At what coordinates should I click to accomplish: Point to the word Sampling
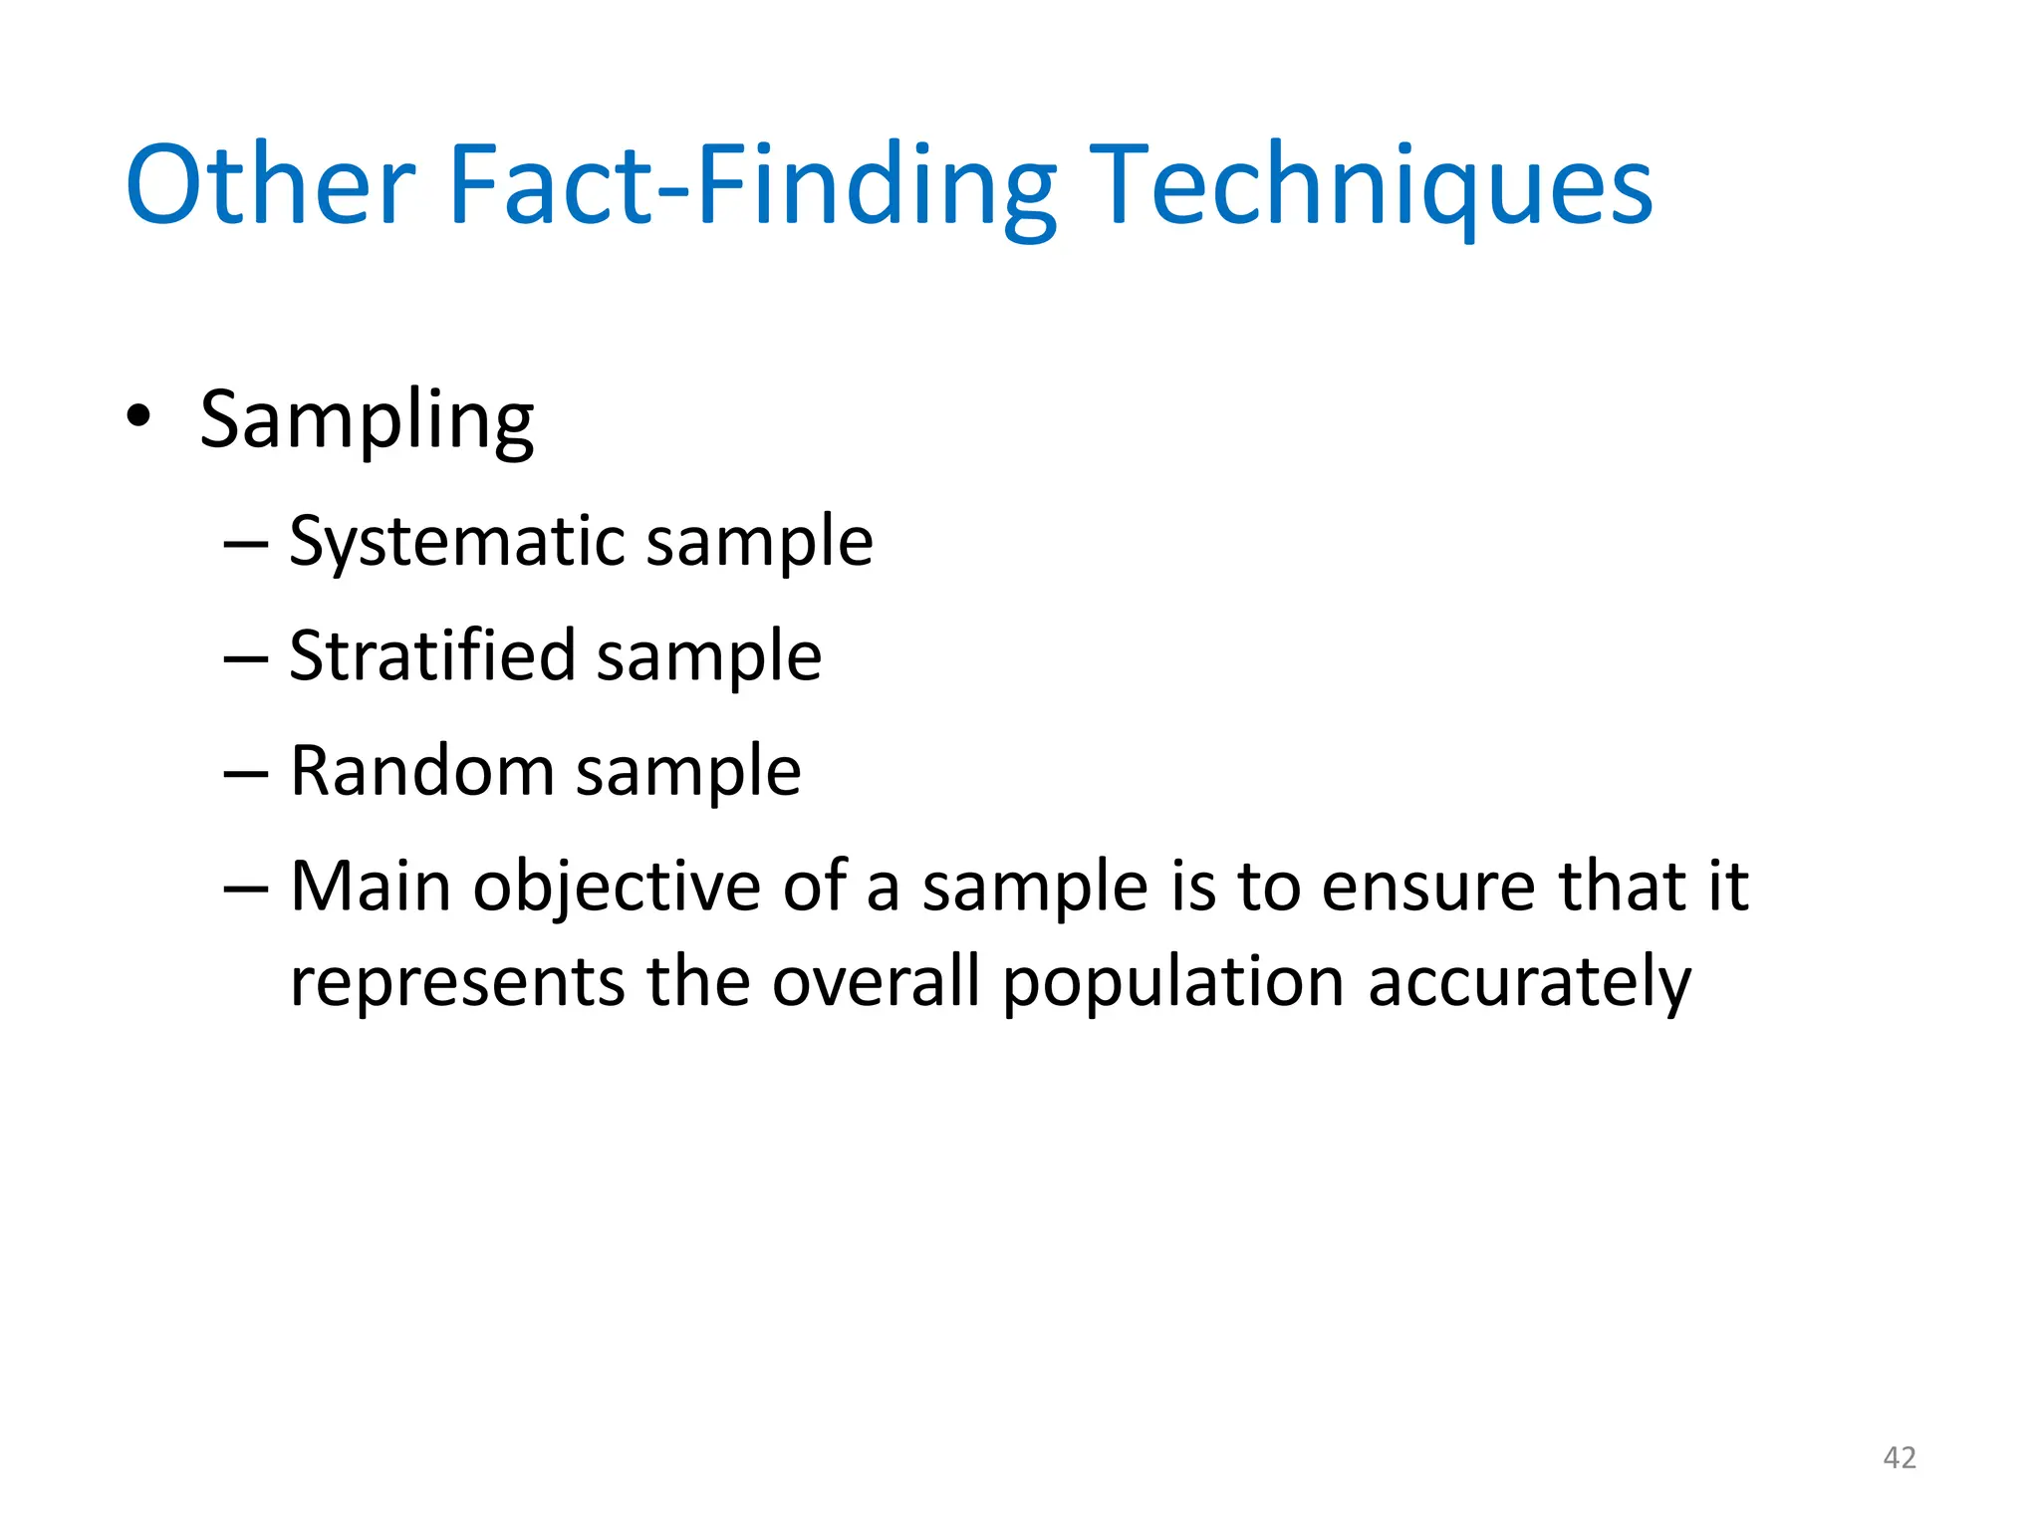[367, 420]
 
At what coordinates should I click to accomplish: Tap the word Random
[421, 771]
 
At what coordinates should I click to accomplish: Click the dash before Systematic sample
[246, 545]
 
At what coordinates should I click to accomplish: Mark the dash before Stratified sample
[246, 659]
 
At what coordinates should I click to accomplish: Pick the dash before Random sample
[246, 774]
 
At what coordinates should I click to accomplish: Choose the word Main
[371, 886]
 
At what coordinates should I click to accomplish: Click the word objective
[618, 888]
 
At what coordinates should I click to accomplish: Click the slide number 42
[1900, 1458]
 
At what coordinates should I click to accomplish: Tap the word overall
[877, 982]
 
